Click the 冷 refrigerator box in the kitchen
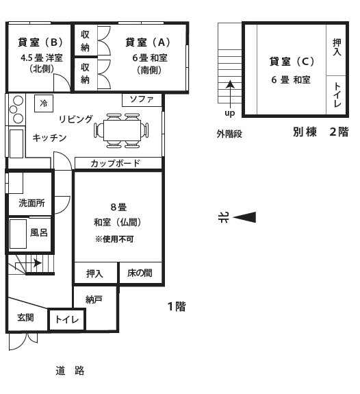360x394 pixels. point(44,103)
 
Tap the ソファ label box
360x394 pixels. point(142,100)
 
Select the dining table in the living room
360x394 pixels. point(122,130)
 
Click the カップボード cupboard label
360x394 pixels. point(115,163)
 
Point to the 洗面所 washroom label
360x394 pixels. point(31,203)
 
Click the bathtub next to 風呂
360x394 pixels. point(18,234)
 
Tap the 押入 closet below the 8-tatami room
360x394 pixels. point(94,273)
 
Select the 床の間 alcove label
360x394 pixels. point(140,273)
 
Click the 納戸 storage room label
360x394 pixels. point(94,299)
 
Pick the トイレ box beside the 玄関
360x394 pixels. point(67,319)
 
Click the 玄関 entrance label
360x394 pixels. point(25,317)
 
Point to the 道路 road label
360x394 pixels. point(70,371)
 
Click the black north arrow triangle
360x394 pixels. point(244,217)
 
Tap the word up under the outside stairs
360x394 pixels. point(230,113)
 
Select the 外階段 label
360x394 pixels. point(229,134)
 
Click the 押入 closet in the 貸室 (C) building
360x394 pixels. point(337,47)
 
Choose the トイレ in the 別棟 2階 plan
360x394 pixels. point(337,95)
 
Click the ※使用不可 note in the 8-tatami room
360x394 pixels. point(114,239)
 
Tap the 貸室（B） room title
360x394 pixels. point(40,42)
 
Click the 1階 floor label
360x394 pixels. point(177,306)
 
